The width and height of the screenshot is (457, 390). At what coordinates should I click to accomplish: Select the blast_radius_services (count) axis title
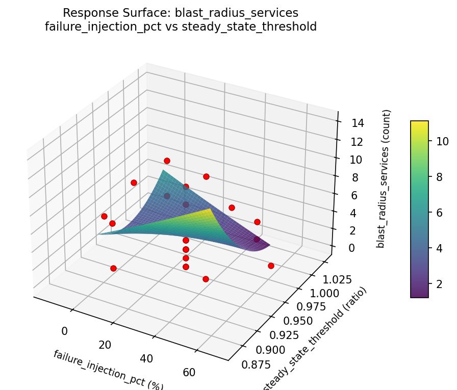pos(388,178)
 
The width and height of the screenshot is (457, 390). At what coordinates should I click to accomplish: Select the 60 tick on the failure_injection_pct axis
pos(188,372)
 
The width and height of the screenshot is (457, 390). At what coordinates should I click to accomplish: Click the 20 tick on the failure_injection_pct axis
pos(105,345)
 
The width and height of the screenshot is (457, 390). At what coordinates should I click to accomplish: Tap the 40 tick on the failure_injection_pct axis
pos(146,358)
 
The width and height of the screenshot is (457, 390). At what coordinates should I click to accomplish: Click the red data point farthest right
pos(271,266)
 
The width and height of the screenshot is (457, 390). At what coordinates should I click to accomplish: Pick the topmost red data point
pos(167,161)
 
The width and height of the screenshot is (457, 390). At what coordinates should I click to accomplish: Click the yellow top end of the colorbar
pos(419,123)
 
